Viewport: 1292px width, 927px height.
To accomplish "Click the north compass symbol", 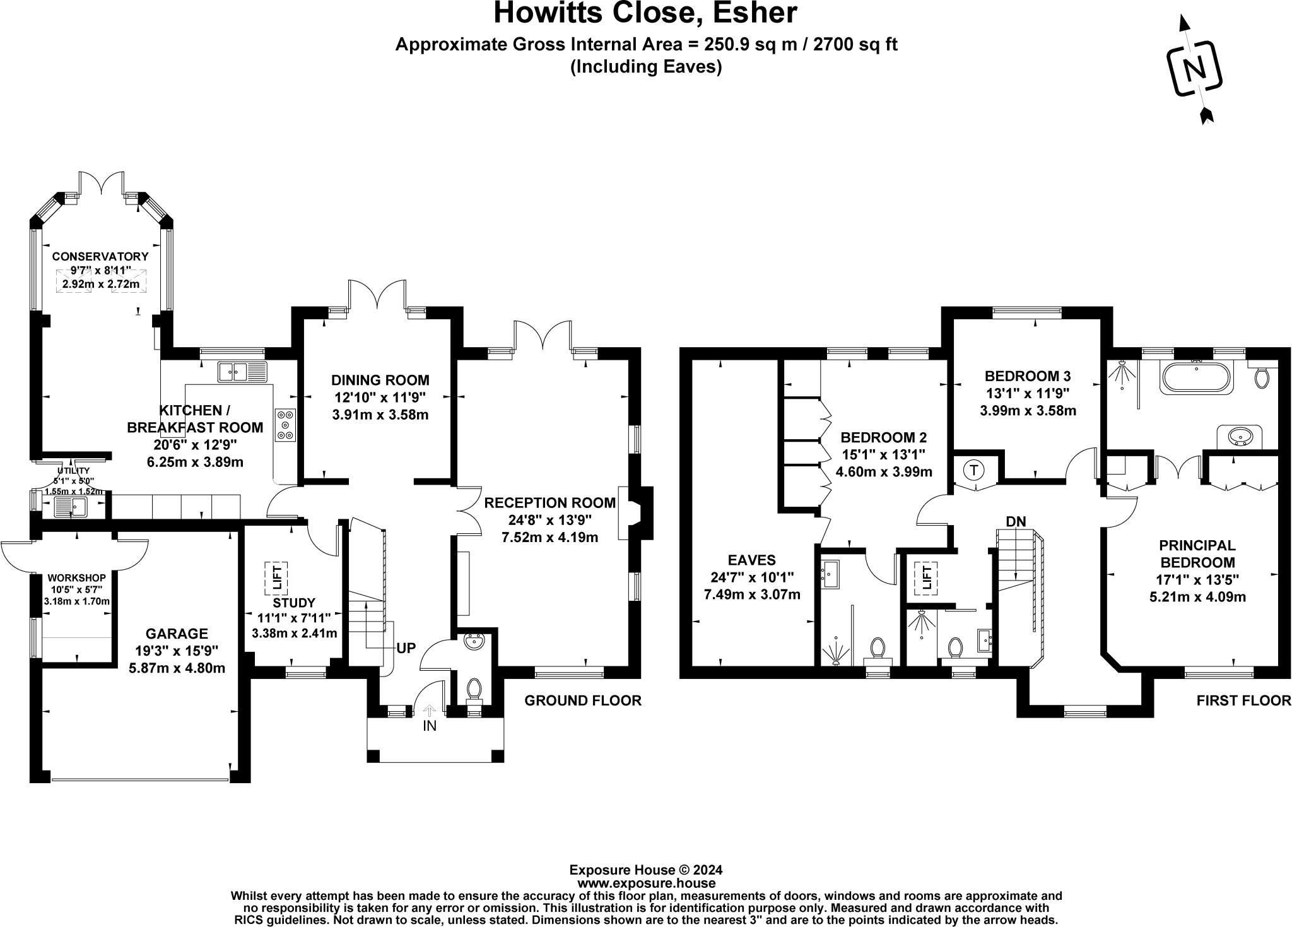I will point(1194,69).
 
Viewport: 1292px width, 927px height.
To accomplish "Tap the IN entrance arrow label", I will point(429,726).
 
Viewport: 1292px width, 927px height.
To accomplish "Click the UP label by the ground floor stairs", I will point(406,648).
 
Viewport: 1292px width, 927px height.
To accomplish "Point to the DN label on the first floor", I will point(1016,521).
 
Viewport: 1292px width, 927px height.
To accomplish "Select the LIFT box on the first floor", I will point(927,577).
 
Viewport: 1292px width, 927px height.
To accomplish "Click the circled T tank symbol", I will point(975,470).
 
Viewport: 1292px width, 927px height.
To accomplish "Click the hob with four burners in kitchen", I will point(285,425).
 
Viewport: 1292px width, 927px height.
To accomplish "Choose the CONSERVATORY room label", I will point(100,256).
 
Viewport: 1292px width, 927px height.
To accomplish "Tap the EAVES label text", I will point(751,560).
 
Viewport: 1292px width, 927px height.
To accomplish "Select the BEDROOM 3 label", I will point(1028,376).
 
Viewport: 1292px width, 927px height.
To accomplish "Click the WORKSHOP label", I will point(77,578).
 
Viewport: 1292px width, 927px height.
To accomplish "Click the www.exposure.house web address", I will point(646,883).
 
